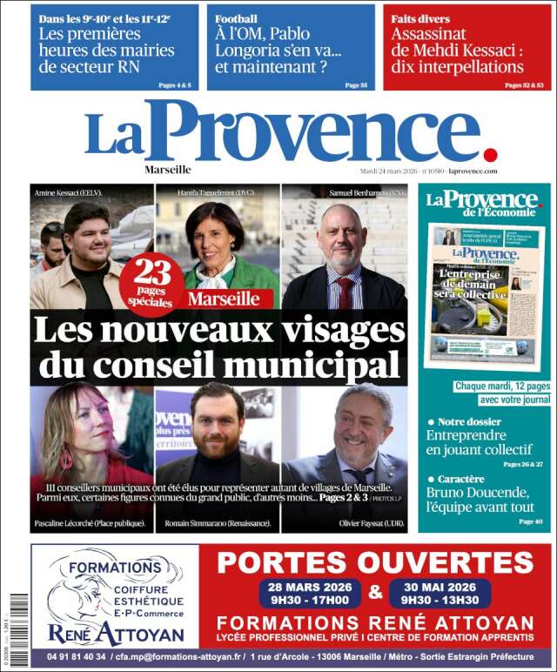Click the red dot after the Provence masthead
[x=490, y=154]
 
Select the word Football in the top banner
[x=237, y=18]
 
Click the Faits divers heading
[x=420, y=18]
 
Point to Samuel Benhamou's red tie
[x=346, y=292]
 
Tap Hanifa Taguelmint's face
[x=214, y=236]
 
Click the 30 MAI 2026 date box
[x=440, y=593]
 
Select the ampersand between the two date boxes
[x=375, y=593]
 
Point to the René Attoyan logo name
[x=115, y=633]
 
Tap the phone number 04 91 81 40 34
[x=70, y=656]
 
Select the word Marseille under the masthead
[x=168, y=170]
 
